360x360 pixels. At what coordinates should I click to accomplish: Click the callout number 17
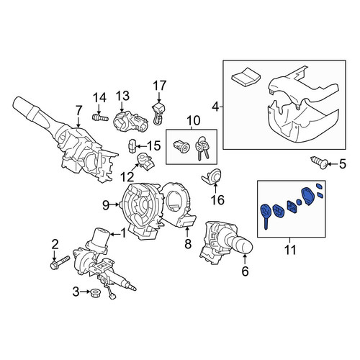160,86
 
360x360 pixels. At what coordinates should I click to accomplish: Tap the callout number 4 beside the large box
216,107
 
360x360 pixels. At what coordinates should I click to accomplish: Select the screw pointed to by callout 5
320,163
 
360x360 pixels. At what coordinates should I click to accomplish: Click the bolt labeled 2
60,262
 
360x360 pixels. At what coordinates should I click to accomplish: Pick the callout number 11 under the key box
290,250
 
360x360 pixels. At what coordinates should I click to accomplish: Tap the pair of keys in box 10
201,148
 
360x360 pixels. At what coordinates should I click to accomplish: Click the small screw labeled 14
100,117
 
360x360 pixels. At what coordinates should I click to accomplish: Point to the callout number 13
123,96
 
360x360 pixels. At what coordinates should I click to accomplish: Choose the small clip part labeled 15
132,145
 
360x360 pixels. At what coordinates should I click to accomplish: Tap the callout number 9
106,205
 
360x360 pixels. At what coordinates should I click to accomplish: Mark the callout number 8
188,243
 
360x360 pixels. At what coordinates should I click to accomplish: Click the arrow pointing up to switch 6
245,260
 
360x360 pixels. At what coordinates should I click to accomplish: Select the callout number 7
78,110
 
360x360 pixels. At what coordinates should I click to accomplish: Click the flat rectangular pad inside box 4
246,77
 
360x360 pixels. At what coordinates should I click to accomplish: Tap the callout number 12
127,178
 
